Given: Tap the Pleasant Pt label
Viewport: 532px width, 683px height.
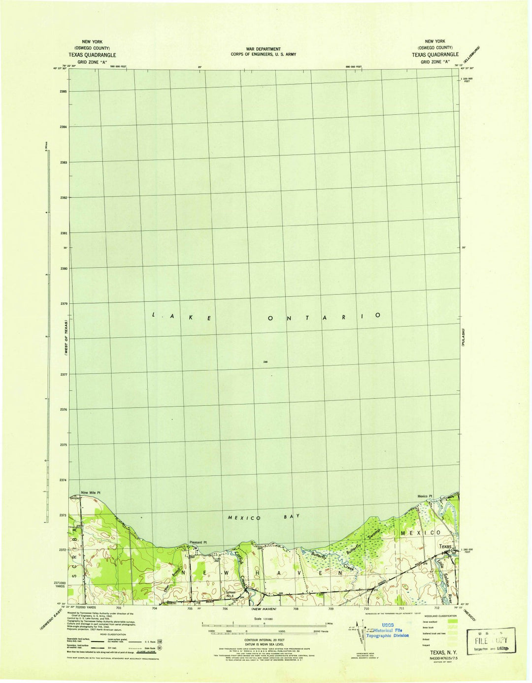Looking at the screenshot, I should (198, 543).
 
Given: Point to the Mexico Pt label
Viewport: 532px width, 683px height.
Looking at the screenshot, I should (425, 496).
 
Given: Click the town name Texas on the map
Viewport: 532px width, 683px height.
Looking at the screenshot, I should (445, 547).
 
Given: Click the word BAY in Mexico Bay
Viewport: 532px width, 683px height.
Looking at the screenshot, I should (291, 516).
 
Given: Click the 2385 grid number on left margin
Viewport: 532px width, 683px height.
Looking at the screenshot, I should (63, 92).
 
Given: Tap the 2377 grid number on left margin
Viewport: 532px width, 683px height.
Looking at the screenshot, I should (63, 374).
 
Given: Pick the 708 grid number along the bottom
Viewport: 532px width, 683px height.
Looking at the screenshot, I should (296, 609).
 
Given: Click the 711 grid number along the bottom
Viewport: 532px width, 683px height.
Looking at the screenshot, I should (401, 609).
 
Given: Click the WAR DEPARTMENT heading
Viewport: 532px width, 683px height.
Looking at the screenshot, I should (264, 49).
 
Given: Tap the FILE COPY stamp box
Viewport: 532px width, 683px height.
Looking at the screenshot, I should (491, 641).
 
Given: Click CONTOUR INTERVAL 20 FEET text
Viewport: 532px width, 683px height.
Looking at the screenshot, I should (265, 640).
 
